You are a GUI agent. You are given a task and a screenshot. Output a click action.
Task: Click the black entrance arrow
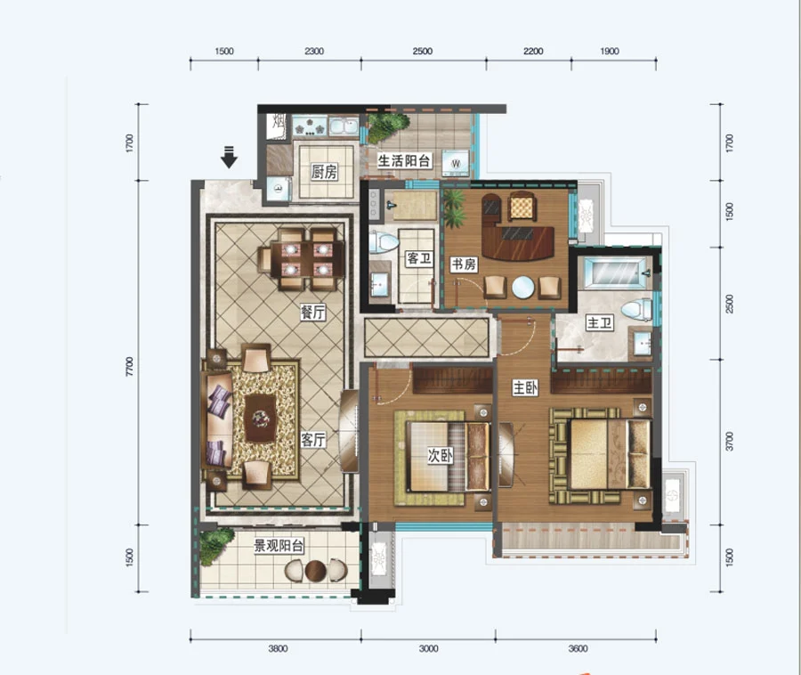click(x=229, y=157)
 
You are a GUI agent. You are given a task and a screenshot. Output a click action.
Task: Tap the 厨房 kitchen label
click(x=324, y=172)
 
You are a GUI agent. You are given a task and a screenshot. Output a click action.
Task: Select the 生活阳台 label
click(x=403, y=161)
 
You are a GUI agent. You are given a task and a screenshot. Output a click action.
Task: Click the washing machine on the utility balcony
click(x=456, y=164)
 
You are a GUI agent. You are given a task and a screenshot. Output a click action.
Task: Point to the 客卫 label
click(x=419, y=258)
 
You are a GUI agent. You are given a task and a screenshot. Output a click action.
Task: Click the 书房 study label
click(x=464, y=264)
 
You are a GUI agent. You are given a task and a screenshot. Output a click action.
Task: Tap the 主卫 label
click(x=600, y=323)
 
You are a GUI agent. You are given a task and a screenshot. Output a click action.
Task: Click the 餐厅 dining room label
click(x=313, y=313)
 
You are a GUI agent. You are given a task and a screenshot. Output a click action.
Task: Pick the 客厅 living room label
click(x=313, y=439)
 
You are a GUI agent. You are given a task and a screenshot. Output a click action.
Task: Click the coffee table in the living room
click(x=261, y=418)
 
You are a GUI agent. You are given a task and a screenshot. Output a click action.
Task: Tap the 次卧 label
click(x=440, y=455)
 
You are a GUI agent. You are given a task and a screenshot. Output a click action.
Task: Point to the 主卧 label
click(x=525, y=388)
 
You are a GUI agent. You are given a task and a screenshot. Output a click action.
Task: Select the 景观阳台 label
click(x=279, y=546)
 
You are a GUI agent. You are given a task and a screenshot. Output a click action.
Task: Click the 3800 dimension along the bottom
click(x=278, y=648)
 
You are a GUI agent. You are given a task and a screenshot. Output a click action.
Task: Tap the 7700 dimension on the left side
click(x=129, y=367)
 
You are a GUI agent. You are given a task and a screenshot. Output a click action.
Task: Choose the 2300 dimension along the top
click(x=314, y=51)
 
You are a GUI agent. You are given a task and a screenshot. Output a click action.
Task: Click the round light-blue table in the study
click(x=523, y=287)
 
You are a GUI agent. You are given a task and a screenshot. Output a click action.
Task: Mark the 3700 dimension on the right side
click(x=729, y=442)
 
